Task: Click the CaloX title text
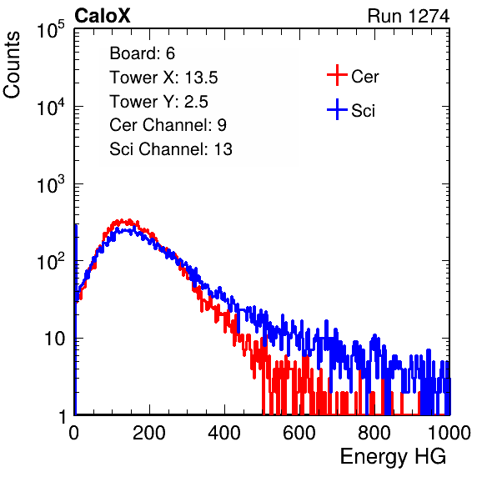(x=102, y=16)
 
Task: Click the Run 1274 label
(x=409, y=16)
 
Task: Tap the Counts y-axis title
(x=12, y=65)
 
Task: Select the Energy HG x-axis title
(x=393, y=457)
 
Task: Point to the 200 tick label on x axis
(x=149, y=433)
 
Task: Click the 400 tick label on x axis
(x=224, y=433)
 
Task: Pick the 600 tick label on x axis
(x=299, y=433)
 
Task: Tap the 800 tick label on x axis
(x=374, y=433)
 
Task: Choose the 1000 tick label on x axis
(x=449, y=433)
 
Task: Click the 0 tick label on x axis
(x=74, y=433)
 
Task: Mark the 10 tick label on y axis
(x=55, y=339)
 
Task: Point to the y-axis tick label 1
(x=62, y=416)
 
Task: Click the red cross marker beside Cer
(x=337, y=75)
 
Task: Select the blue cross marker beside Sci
(x=337, y=109)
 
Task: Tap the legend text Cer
(x=364, y=77)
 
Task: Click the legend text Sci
(x=364, y=111)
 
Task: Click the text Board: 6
(x=142, y=53)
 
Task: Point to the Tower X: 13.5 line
(x=163, y=78)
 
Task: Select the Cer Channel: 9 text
(x=168, y=125)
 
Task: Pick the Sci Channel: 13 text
(x=171, y=149)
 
